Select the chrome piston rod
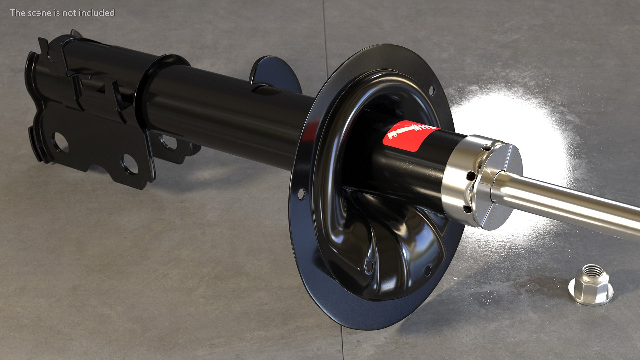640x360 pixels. coord(567,203)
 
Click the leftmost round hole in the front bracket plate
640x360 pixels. coord(60,142)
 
